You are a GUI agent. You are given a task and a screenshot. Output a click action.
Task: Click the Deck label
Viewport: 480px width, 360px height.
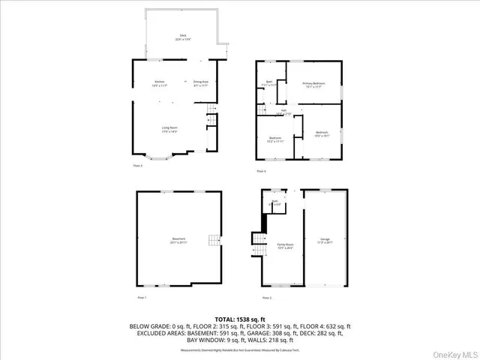tap(181, 37)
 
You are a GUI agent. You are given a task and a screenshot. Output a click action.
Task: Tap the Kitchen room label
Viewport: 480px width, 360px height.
tap(160, 82)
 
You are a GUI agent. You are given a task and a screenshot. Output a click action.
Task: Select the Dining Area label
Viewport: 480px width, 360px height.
tap(201, 82)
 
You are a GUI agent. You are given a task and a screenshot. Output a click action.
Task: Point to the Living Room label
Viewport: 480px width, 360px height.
tap(169, 129)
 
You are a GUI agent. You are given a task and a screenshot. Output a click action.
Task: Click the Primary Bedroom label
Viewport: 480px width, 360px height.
tap(313, 84)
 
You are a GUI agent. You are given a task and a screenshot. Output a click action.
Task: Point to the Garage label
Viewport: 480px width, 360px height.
tap(325, 239)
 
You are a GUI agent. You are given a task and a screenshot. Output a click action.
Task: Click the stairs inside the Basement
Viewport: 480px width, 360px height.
tap(216, 241)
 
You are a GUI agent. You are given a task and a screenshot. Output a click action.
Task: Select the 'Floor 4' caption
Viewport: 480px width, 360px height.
tap(261, 171)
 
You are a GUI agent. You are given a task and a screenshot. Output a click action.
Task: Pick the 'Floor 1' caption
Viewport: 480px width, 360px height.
tap(141, 298)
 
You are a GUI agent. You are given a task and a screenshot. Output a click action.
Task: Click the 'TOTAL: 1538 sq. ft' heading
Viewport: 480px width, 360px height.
tap(239, 319)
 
